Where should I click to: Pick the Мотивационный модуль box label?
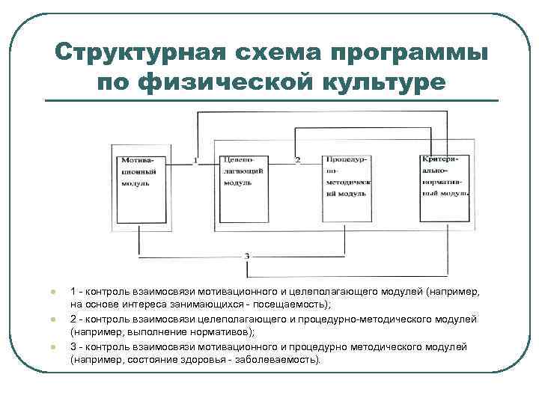135,171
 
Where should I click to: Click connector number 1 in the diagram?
195,160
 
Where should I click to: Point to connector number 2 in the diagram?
298,160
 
